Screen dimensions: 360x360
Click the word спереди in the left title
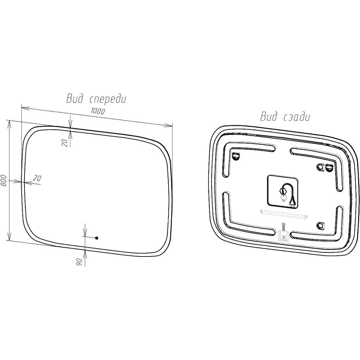click(107, 99)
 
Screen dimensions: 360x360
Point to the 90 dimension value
click(79, 262)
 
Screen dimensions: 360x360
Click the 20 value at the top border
click(65, 143)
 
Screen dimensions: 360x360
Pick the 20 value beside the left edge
click(37, 178)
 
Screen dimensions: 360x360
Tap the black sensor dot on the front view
click(96, 238)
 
